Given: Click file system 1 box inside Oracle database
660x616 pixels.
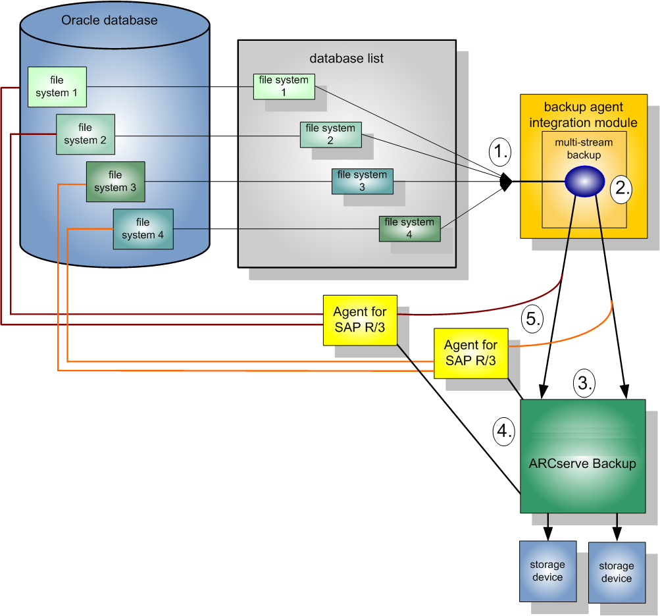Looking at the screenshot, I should click(x=57, y=86).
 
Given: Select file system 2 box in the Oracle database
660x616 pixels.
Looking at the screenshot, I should click(x=86, y=134).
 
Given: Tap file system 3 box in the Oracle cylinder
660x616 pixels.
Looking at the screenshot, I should click(x=115, y=181).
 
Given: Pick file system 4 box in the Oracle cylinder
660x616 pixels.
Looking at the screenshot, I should click(x=143, y=228).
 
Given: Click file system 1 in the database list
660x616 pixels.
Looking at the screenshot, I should click(x=284, y=86).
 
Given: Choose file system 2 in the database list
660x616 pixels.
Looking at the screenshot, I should click(x=330, y=134).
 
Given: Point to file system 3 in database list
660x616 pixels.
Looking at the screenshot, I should click(x=362, y=181).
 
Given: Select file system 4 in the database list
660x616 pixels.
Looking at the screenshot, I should click(x=409, y=228).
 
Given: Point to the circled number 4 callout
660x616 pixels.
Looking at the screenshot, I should click(x=503, y=431).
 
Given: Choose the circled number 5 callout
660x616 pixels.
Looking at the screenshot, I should click(x=532, y=319).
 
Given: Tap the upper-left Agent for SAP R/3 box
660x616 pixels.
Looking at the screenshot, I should click(x=360, y=319).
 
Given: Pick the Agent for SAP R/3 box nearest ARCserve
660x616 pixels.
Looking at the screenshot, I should click(x=470, y=353).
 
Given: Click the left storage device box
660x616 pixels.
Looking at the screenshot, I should click(x=547, y=571).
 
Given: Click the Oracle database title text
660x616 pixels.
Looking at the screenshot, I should click(x=109, y=20).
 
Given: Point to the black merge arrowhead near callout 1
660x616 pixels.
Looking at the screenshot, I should click(x=506, y=182).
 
